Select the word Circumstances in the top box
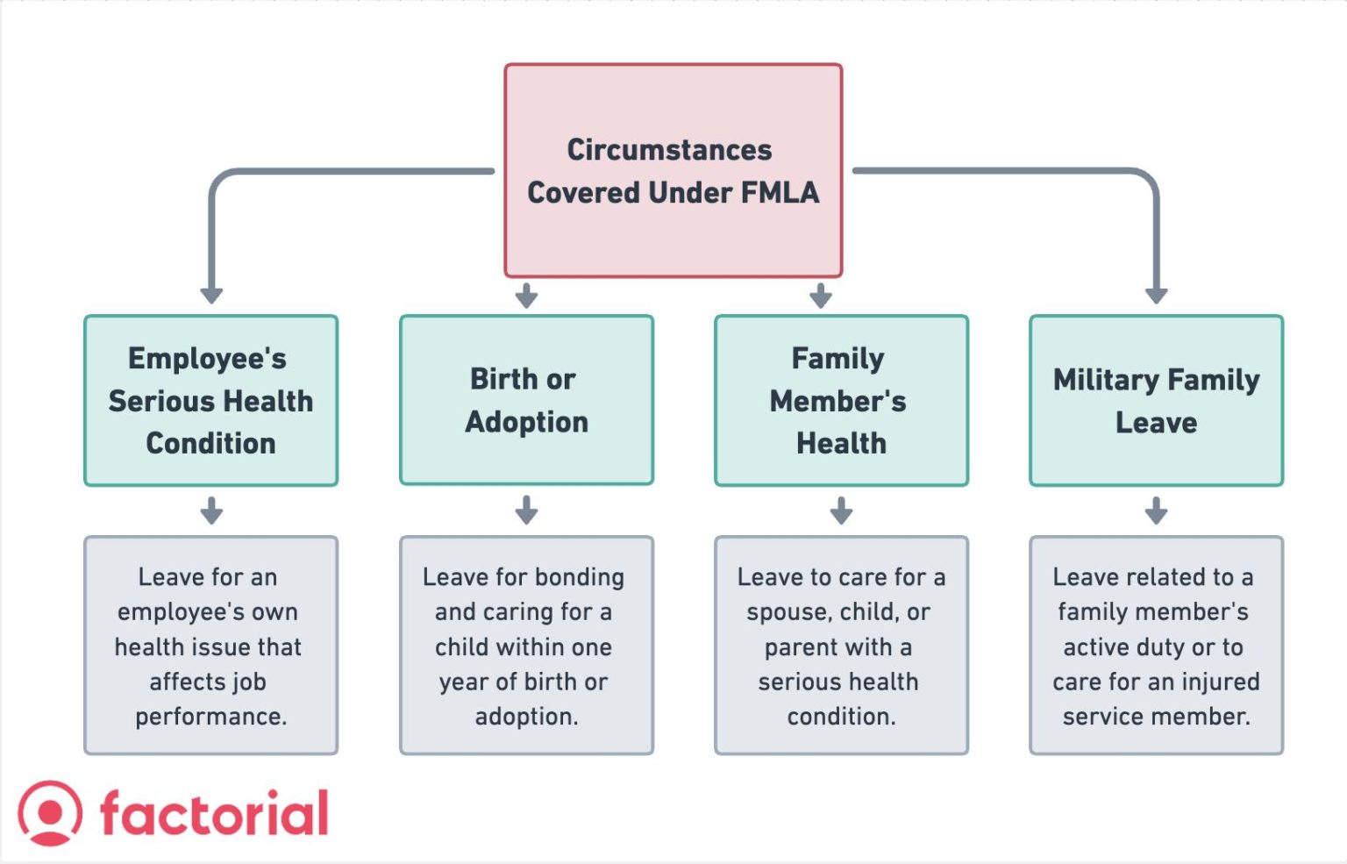point(669,150)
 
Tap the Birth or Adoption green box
point(526,400)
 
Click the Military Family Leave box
point(1156,401)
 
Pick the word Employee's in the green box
point(207,359)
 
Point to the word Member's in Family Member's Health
point(837,402)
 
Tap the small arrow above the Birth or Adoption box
point(526,296)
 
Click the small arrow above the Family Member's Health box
point(821,296)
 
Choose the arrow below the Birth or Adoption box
point(526,510)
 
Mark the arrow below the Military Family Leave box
point(1156,510)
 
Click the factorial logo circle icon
point(50,813)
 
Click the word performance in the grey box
point(210,717)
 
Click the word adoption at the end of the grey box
point(526,717)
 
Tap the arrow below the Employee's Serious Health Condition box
point(211,510)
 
